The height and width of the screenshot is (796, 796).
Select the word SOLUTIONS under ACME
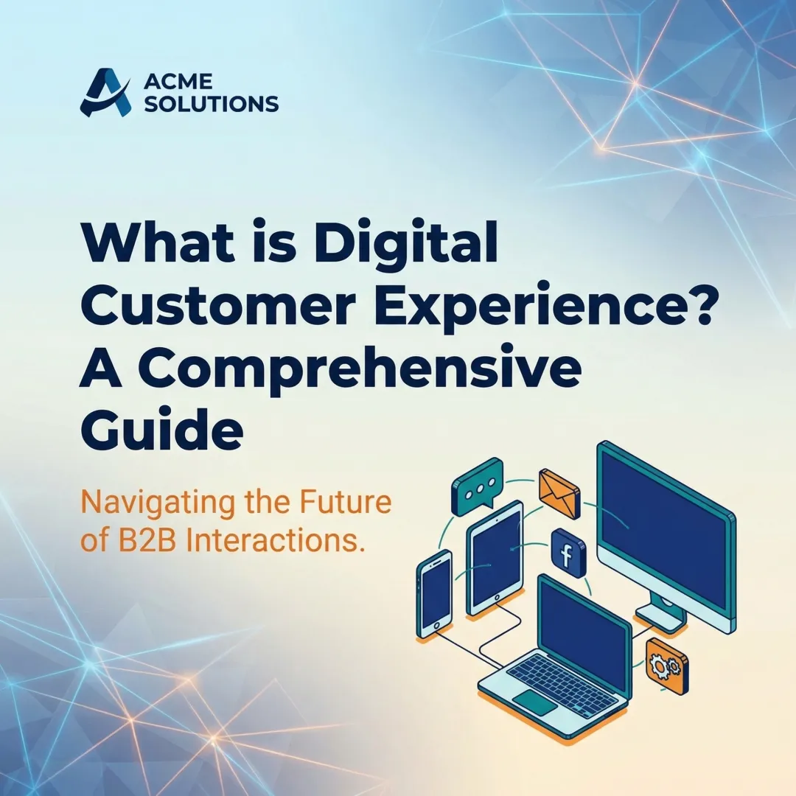pyautogui.click(x=211, y=105)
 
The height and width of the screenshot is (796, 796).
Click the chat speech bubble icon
pyautogui.click(x=476, y=486)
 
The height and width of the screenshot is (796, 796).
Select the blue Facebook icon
pyautogui.click(x=568, y=553)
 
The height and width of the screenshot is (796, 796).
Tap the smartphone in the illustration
pyautogui.click(x=435, y=593)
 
